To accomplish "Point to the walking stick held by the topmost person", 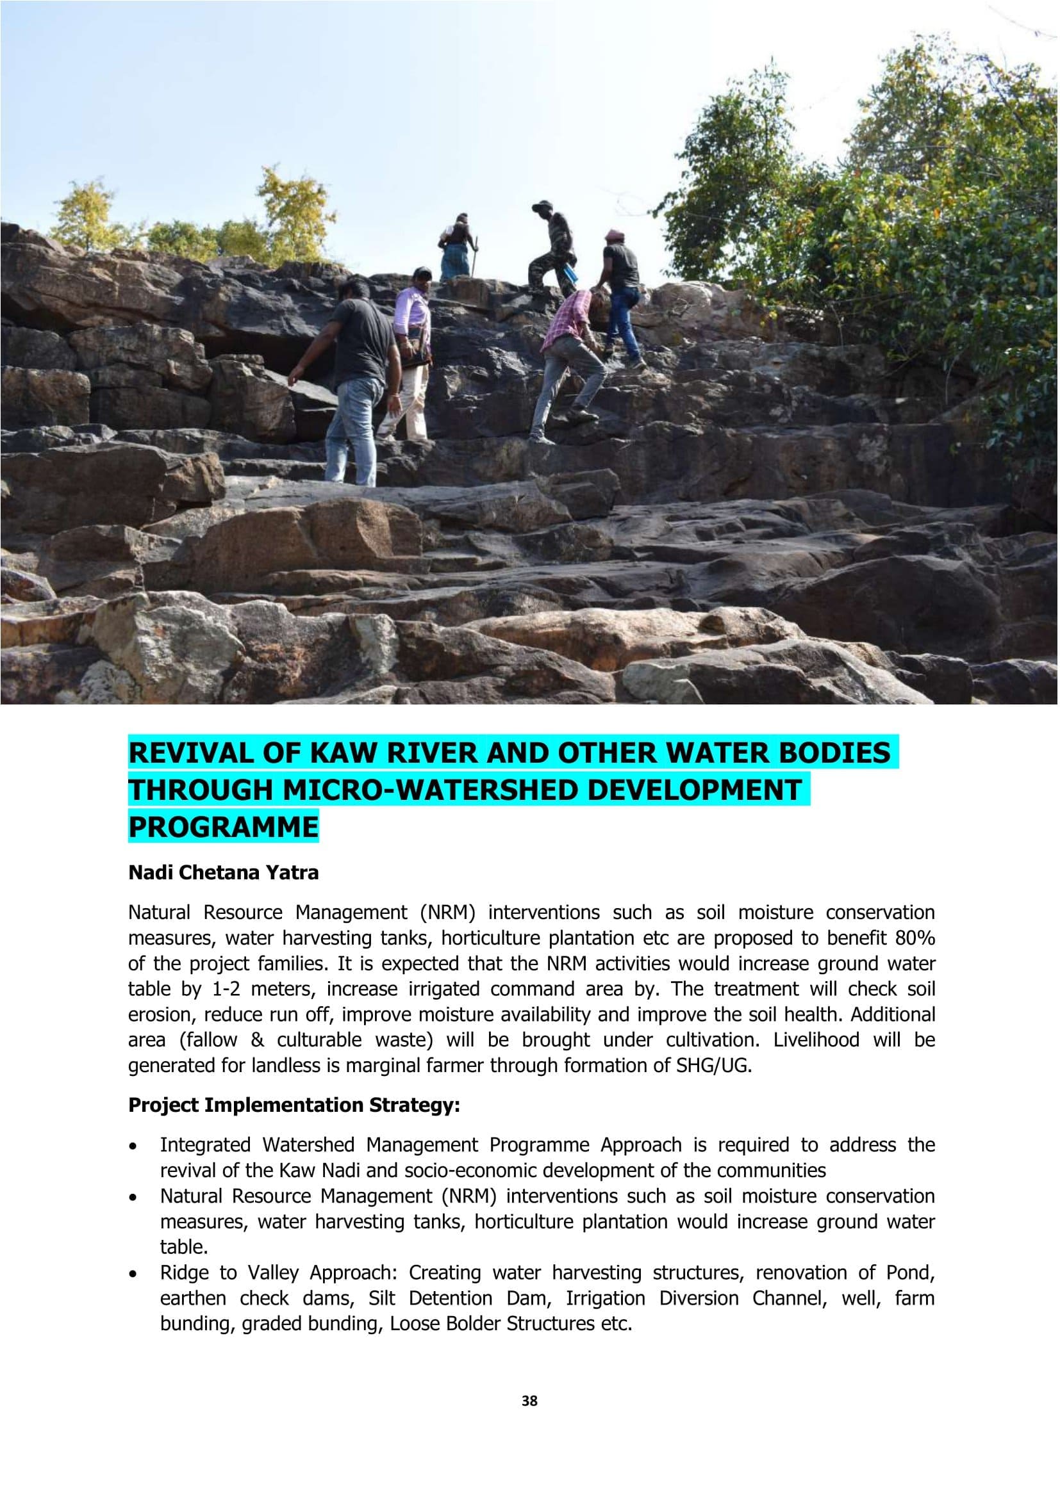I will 476,256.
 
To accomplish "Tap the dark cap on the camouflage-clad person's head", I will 541,206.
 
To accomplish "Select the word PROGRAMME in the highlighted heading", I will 223,827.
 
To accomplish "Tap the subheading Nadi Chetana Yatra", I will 223,873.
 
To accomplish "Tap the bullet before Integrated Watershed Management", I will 134,1146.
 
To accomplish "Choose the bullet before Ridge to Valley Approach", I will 134,1274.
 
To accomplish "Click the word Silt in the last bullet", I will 381,1298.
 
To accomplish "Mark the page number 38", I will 529,1401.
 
